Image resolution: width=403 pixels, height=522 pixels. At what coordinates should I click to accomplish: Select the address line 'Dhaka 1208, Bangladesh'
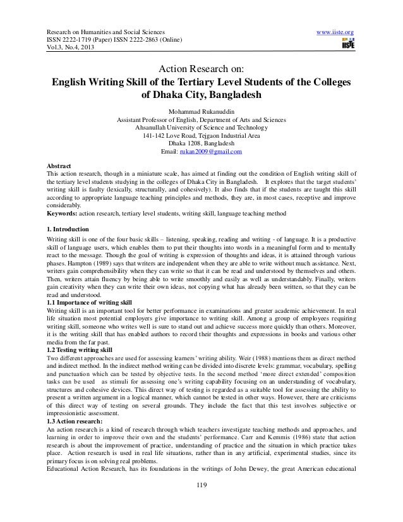pos(201,144)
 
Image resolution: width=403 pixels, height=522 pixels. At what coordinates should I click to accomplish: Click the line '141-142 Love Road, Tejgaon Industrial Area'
pos(201,136)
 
